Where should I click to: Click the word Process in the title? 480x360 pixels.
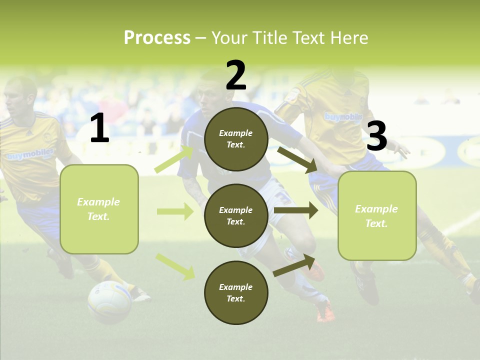click(x=157, y=37)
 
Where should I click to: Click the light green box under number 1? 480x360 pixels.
click(x=99, y=209)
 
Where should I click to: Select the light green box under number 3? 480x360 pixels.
click(x=377, y=215)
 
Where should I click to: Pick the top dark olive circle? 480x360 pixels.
click(x=236, y=139)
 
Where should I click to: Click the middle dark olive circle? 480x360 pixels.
click(x=236, y=215)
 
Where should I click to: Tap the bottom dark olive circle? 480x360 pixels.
click(x=236, y=292)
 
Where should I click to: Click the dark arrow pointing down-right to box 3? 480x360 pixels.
click(x=297, y=159)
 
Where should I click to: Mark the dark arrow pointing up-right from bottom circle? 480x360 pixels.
click(x=294, y=265)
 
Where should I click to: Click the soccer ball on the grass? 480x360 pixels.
click(x=109, y=301)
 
